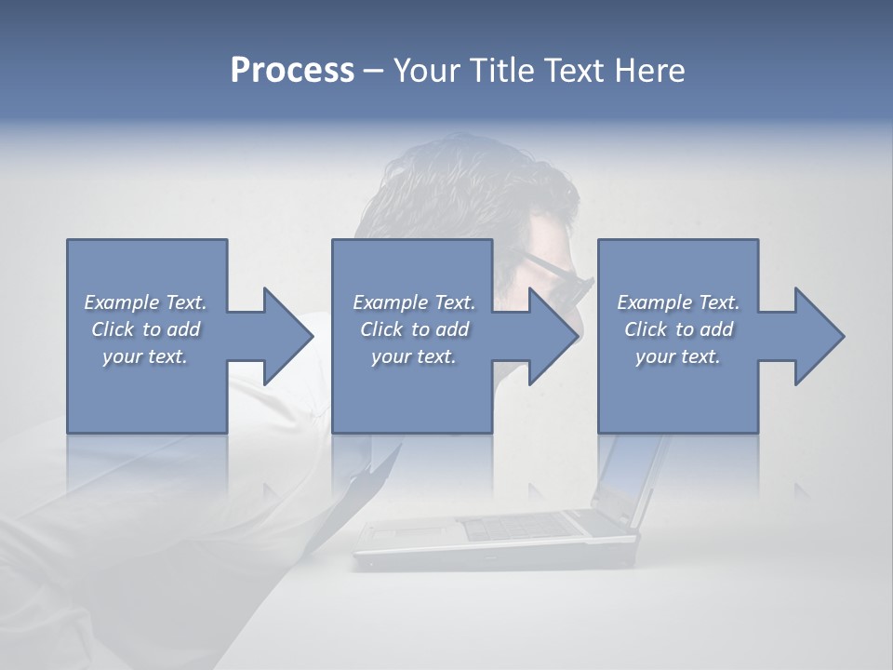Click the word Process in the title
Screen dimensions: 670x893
292,71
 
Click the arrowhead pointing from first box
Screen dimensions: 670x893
285,336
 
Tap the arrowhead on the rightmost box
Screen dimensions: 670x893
816,336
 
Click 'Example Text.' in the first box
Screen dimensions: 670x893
145,302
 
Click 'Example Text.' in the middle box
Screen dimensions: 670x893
414,302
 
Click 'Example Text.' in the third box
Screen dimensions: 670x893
678,302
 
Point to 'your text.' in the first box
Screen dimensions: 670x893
145,356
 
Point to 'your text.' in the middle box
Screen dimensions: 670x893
414,356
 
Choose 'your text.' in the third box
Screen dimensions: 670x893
678,356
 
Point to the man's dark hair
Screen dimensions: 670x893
446,186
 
